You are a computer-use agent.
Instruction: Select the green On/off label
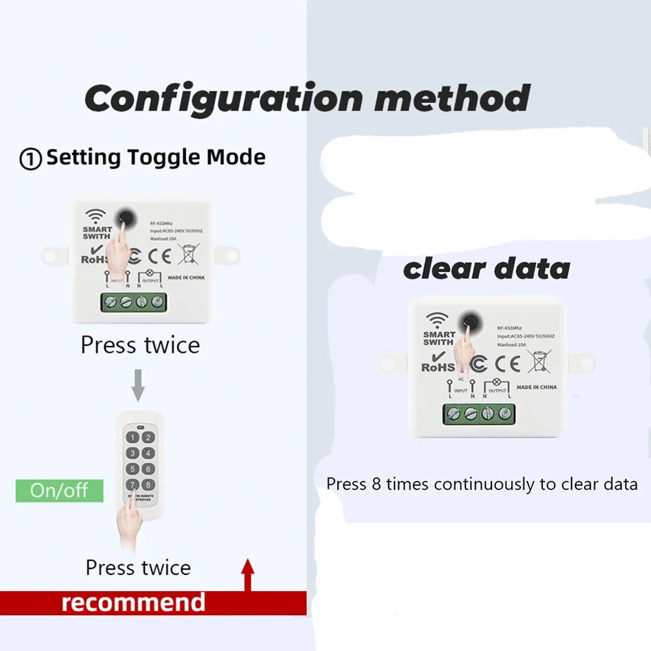59,490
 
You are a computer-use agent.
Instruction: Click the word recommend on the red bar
133,602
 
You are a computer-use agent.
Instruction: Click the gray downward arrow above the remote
138,385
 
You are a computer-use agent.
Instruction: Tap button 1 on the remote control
133,438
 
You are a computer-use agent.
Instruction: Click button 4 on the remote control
148,454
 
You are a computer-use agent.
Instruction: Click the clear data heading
486,269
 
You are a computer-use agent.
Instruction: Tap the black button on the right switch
469,320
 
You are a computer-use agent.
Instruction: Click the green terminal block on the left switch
133,302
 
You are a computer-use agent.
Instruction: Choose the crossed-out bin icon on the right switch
540,361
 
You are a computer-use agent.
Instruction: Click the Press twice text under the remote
138,568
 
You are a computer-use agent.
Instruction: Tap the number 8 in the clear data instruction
376,484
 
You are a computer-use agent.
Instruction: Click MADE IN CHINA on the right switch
536,387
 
